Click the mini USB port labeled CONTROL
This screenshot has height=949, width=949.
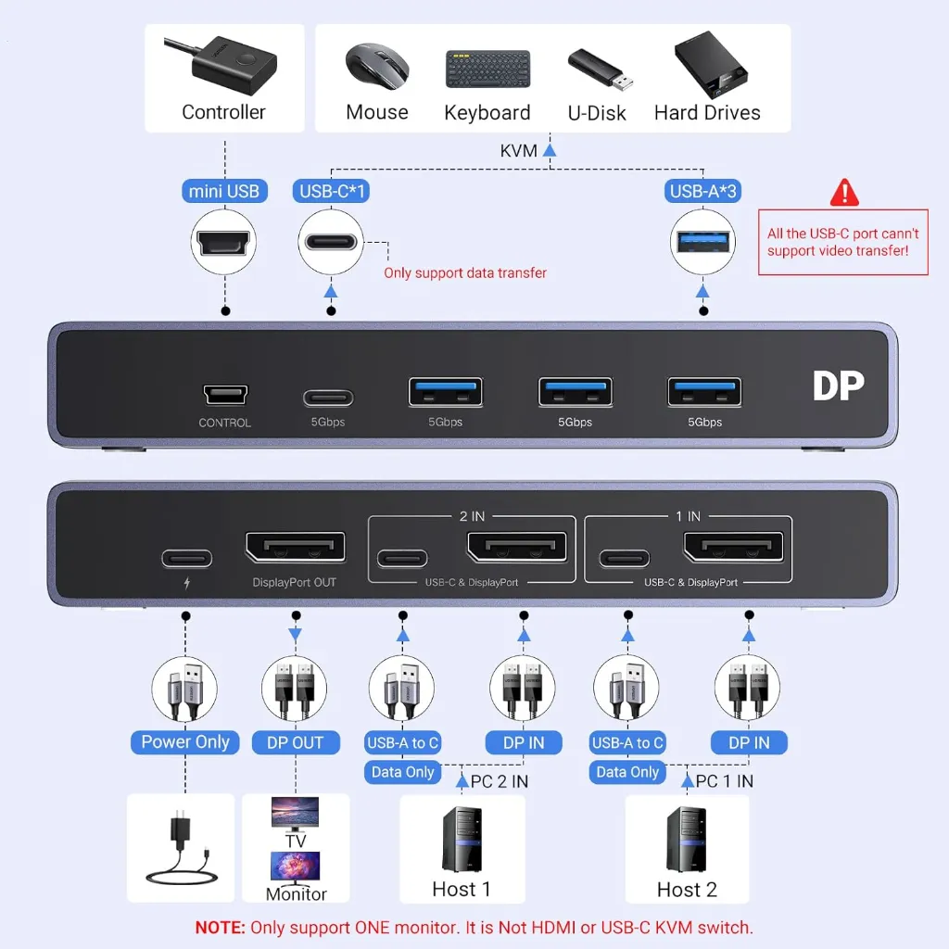tap(225, 395)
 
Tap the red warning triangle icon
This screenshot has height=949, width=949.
tap(844, 193)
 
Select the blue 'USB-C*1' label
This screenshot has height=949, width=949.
tap(331, 191)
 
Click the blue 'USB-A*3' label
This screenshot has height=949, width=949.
tap(702, 191)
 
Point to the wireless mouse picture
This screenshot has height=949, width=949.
tap(377, 66)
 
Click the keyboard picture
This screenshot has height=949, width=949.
tap(487, 69)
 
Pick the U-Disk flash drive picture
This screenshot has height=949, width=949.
tap(601, 69)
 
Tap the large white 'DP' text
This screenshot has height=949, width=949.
tap(838, 386)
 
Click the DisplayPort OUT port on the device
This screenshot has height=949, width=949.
tap(296, 547)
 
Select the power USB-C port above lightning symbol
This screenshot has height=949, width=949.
tap(187, 558)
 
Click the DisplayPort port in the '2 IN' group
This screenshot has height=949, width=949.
tap(517, 547)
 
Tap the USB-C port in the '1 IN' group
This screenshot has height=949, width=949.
tap(624, 558)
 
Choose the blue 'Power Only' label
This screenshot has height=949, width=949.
tap(185, 742)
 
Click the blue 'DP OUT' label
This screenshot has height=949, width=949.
tap(296, 742)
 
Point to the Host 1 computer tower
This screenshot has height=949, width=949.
tap(462, 840)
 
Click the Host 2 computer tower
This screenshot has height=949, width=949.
tap(687, 840)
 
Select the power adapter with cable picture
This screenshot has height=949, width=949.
tap(181, 847)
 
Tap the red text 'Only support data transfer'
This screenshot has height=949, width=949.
tap(465, 273)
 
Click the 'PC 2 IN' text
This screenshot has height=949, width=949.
tap(500, 781)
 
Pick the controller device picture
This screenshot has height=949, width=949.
tap(224, 64)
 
